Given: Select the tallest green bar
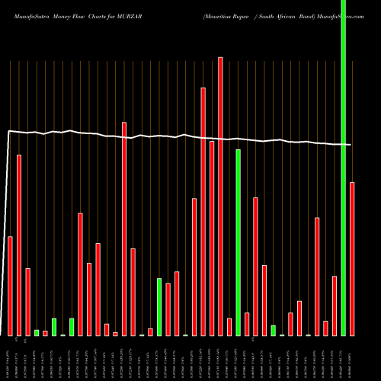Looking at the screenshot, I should click(343, 168).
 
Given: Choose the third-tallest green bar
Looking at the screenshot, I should click(159, 306).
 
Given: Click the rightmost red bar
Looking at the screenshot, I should click(352, 258).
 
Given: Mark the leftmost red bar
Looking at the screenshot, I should click(11, 286).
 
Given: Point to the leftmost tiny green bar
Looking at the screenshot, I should click(37, 332).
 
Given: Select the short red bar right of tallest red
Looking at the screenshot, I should click(229, 326).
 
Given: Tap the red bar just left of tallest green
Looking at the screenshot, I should click(335, 305).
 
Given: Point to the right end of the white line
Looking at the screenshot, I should click(351, 145).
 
